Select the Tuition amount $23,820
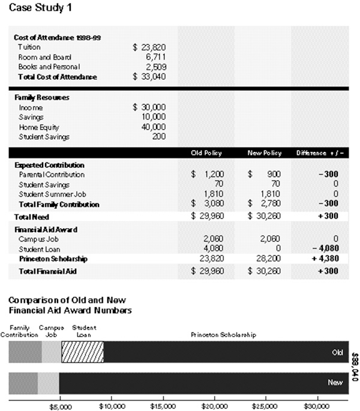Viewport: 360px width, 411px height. pyautogui.click(x=149, y=47)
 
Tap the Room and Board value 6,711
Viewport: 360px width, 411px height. pyautogui.click(x=154, y=56)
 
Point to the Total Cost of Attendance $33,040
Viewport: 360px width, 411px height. pyautogui.click(x=149, y=77)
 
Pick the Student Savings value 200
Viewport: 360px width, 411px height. pyautogui.click(x=158, y=137)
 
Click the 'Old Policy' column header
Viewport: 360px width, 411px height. pyautogui.click(x=206, y=153)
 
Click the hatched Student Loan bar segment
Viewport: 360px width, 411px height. pyautogui.click(x=83, y=352)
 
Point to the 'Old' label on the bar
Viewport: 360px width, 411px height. pyautogui.click(x=337, y=352)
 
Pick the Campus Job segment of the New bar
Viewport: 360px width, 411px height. pyautogui.click(x=48, y=383)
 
